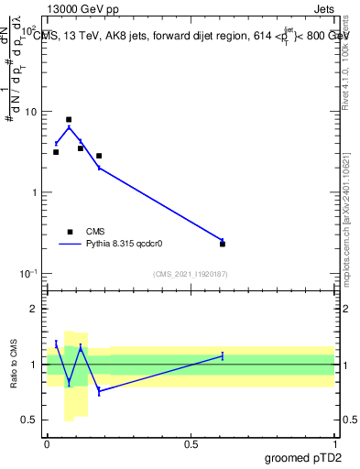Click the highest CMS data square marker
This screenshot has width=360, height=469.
[x=69, y=120]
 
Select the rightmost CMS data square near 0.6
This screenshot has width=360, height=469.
[x=223, y=244]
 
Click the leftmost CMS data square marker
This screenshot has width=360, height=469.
[x=56, y=152]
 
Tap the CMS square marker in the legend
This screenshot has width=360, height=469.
[x=69, y=232]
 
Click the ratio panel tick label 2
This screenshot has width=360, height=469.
[x=36, y=309]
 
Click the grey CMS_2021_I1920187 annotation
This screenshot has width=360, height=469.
[x=191, y=274]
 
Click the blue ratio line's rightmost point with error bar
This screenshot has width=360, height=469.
[x=223, y=355]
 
